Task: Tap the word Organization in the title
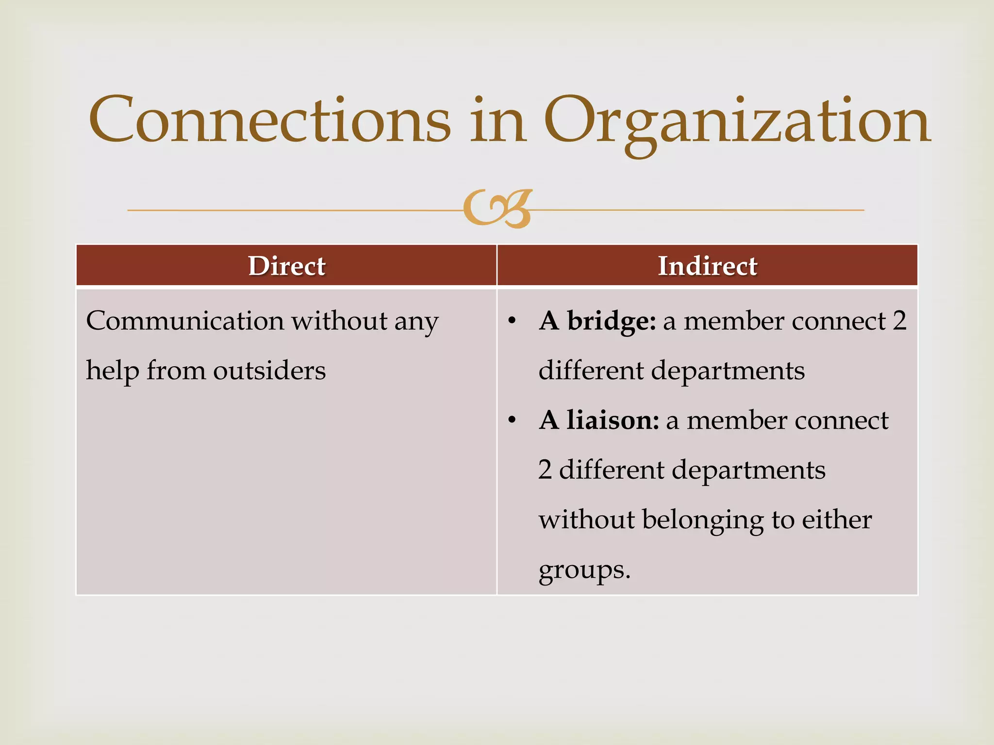(737, 121)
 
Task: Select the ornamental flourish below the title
(497, 209)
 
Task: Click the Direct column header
(286, 266)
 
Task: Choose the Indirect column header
(707, 266)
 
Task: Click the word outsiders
(269, 371)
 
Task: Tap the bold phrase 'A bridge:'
(597, 321)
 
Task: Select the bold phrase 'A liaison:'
(599, 420)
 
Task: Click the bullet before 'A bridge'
(512, 321)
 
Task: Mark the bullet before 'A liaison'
(512, 420)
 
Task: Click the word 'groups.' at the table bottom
(584, 570)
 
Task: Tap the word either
(836, 519)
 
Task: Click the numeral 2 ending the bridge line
(899, 321)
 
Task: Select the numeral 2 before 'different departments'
(545, 470)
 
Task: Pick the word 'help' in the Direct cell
(112, 371)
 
